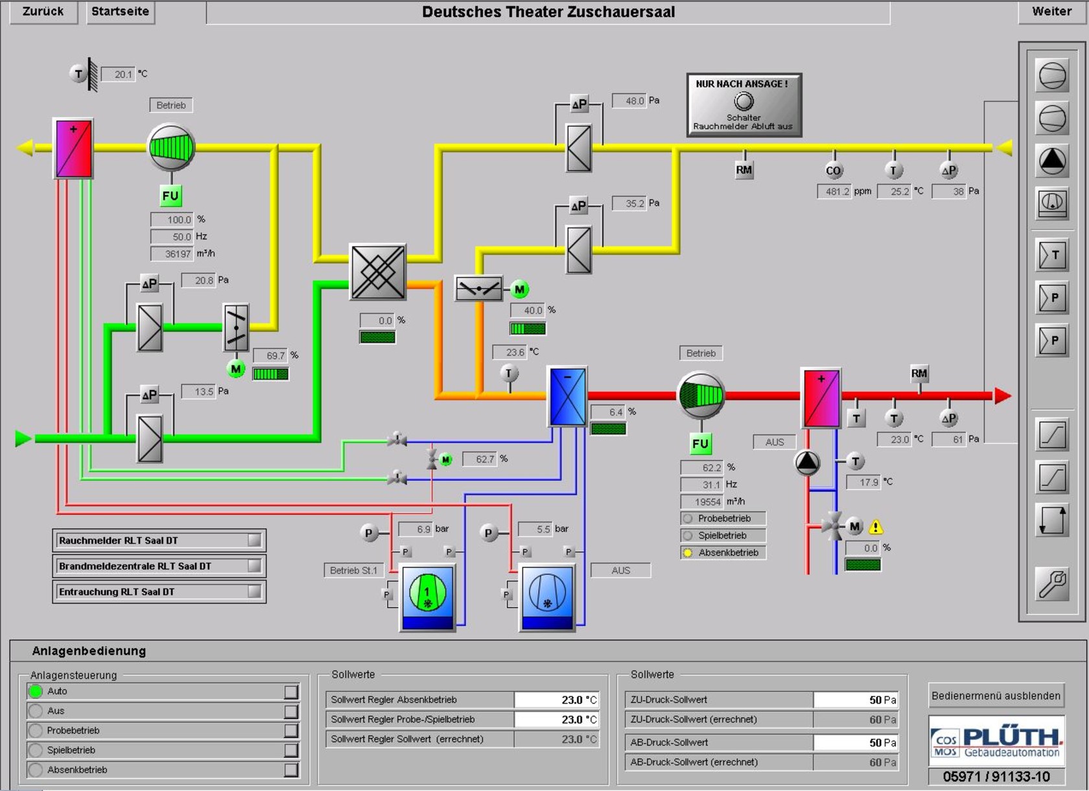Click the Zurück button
tap(43, 12)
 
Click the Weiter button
tap(1051, 12)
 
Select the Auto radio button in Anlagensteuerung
tap(36, 691)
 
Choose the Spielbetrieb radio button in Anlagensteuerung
tap(36, 750)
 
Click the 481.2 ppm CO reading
tap(834, 191)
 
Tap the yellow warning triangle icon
tap(876, 526)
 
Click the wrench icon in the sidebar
tap(1052, 584)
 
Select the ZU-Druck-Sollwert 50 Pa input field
tap(856, 700)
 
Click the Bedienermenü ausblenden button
tap(996, 696)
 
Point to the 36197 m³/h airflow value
tap(172, 254)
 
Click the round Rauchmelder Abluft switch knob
tap(744, 102)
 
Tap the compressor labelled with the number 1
tap(427, 593)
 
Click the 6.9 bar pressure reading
tap(416, 529)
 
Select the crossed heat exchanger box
tap(378, 272)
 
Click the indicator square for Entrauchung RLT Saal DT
tap(254, 591)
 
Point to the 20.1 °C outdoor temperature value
tap(118, 75)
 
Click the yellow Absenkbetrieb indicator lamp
tap(687, 553)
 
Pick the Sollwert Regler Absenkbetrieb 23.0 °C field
tap(557, 700)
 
